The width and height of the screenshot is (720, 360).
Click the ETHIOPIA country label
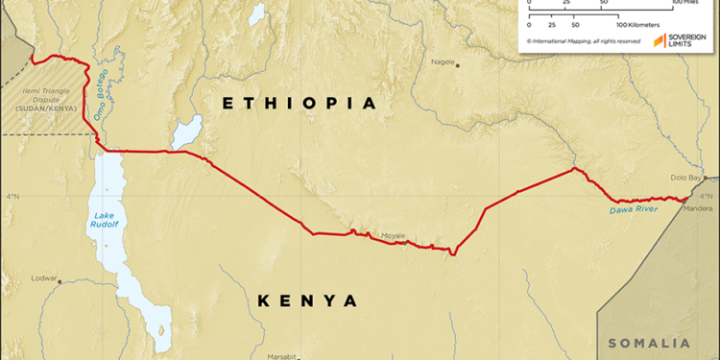tap(298, 103)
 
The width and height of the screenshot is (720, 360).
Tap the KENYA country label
tap(308, 300)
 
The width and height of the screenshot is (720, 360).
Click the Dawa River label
tap(633, 208)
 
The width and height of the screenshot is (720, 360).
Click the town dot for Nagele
tap(459, 65)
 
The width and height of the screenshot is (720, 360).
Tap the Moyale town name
tap(394, 234)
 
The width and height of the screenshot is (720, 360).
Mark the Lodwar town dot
tap(60, 281)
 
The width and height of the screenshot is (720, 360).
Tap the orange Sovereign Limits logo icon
tap(660, 39)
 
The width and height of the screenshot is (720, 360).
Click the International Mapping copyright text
tap(582, 42)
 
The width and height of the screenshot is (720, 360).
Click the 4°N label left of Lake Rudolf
tap(12, 197)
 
